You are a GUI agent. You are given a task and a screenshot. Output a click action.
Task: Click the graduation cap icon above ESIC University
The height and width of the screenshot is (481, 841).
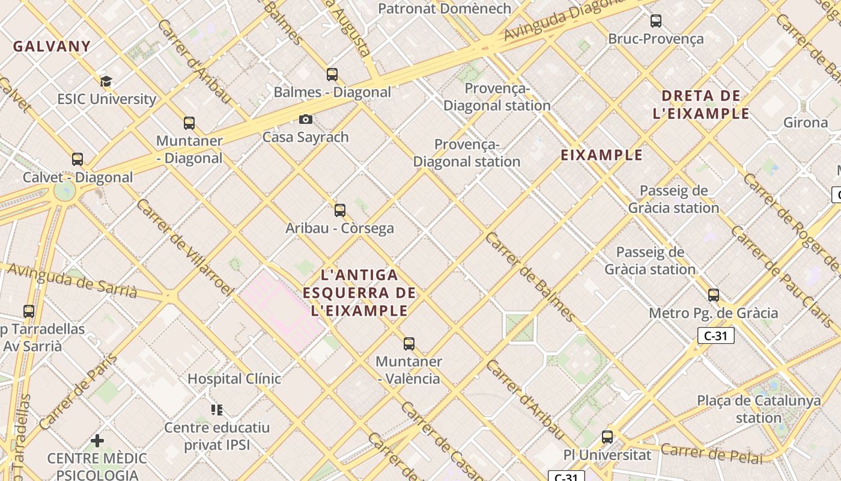tap(106, 81)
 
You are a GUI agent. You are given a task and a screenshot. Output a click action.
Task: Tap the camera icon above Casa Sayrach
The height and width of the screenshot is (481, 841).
tap(306, 119)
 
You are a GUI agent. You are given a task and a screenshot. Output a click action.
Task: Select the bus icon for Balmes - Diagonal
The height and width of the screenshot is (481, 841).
tap(332, 75)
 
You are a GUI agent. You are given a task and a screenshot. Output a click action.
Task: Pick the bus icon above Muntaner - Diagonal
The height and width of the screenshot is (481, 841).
tap(189, 123)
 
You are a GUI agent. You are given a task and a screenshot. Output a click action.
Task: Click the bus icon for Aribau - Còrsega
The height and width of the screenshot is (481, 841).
tap(340, 210)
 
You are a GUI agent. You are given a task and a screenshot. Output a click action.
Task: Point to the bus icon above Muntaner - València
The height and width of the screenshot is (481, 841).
tap(409, 344)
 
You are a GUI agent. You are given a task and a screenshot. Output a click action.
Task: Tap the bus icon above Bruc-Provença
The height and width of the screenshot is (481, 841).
tap(656, 21)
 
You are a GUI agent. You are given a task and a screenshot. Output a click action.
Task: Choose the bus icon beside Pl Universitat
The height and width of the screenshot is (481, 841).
tap(607, 437)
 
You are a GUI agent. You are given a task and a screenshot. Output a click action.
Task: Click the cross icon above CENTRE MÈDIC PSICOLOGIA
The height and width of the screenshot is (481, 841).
tap(97, 441)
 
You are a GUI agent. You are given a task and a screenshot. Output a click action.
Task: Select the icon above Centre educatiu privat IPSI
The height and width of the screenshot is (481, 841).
tap(217, 410)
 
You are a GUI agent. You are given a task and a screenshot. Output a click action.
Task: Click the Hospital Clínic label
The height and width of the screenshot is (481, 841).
tap(234, 379)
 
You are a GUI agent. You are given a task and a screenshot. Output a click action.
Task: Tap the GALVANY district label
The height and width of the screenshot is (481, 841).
tap(52, 46)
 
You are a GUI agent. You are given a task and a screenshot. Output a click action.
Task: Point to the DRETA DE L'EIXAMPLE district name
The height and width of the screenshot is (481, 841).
tap(701, 105)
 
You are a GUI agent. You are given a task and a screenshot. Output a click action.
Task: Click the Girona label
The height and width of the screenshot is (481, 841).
tap(806, 123)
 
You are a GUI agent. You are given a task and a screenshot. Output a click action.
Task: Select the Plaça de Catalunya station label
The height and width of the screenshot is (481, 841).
tap(759, 409)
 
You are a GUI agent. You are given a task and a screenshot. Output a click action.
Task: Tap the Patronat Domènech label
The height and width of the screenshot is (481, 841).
tap(445, 8)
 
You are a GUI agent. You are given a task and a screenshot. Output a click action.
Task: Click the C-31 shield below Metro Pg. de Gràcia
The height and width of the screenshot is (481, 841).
tap(716, 335)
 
